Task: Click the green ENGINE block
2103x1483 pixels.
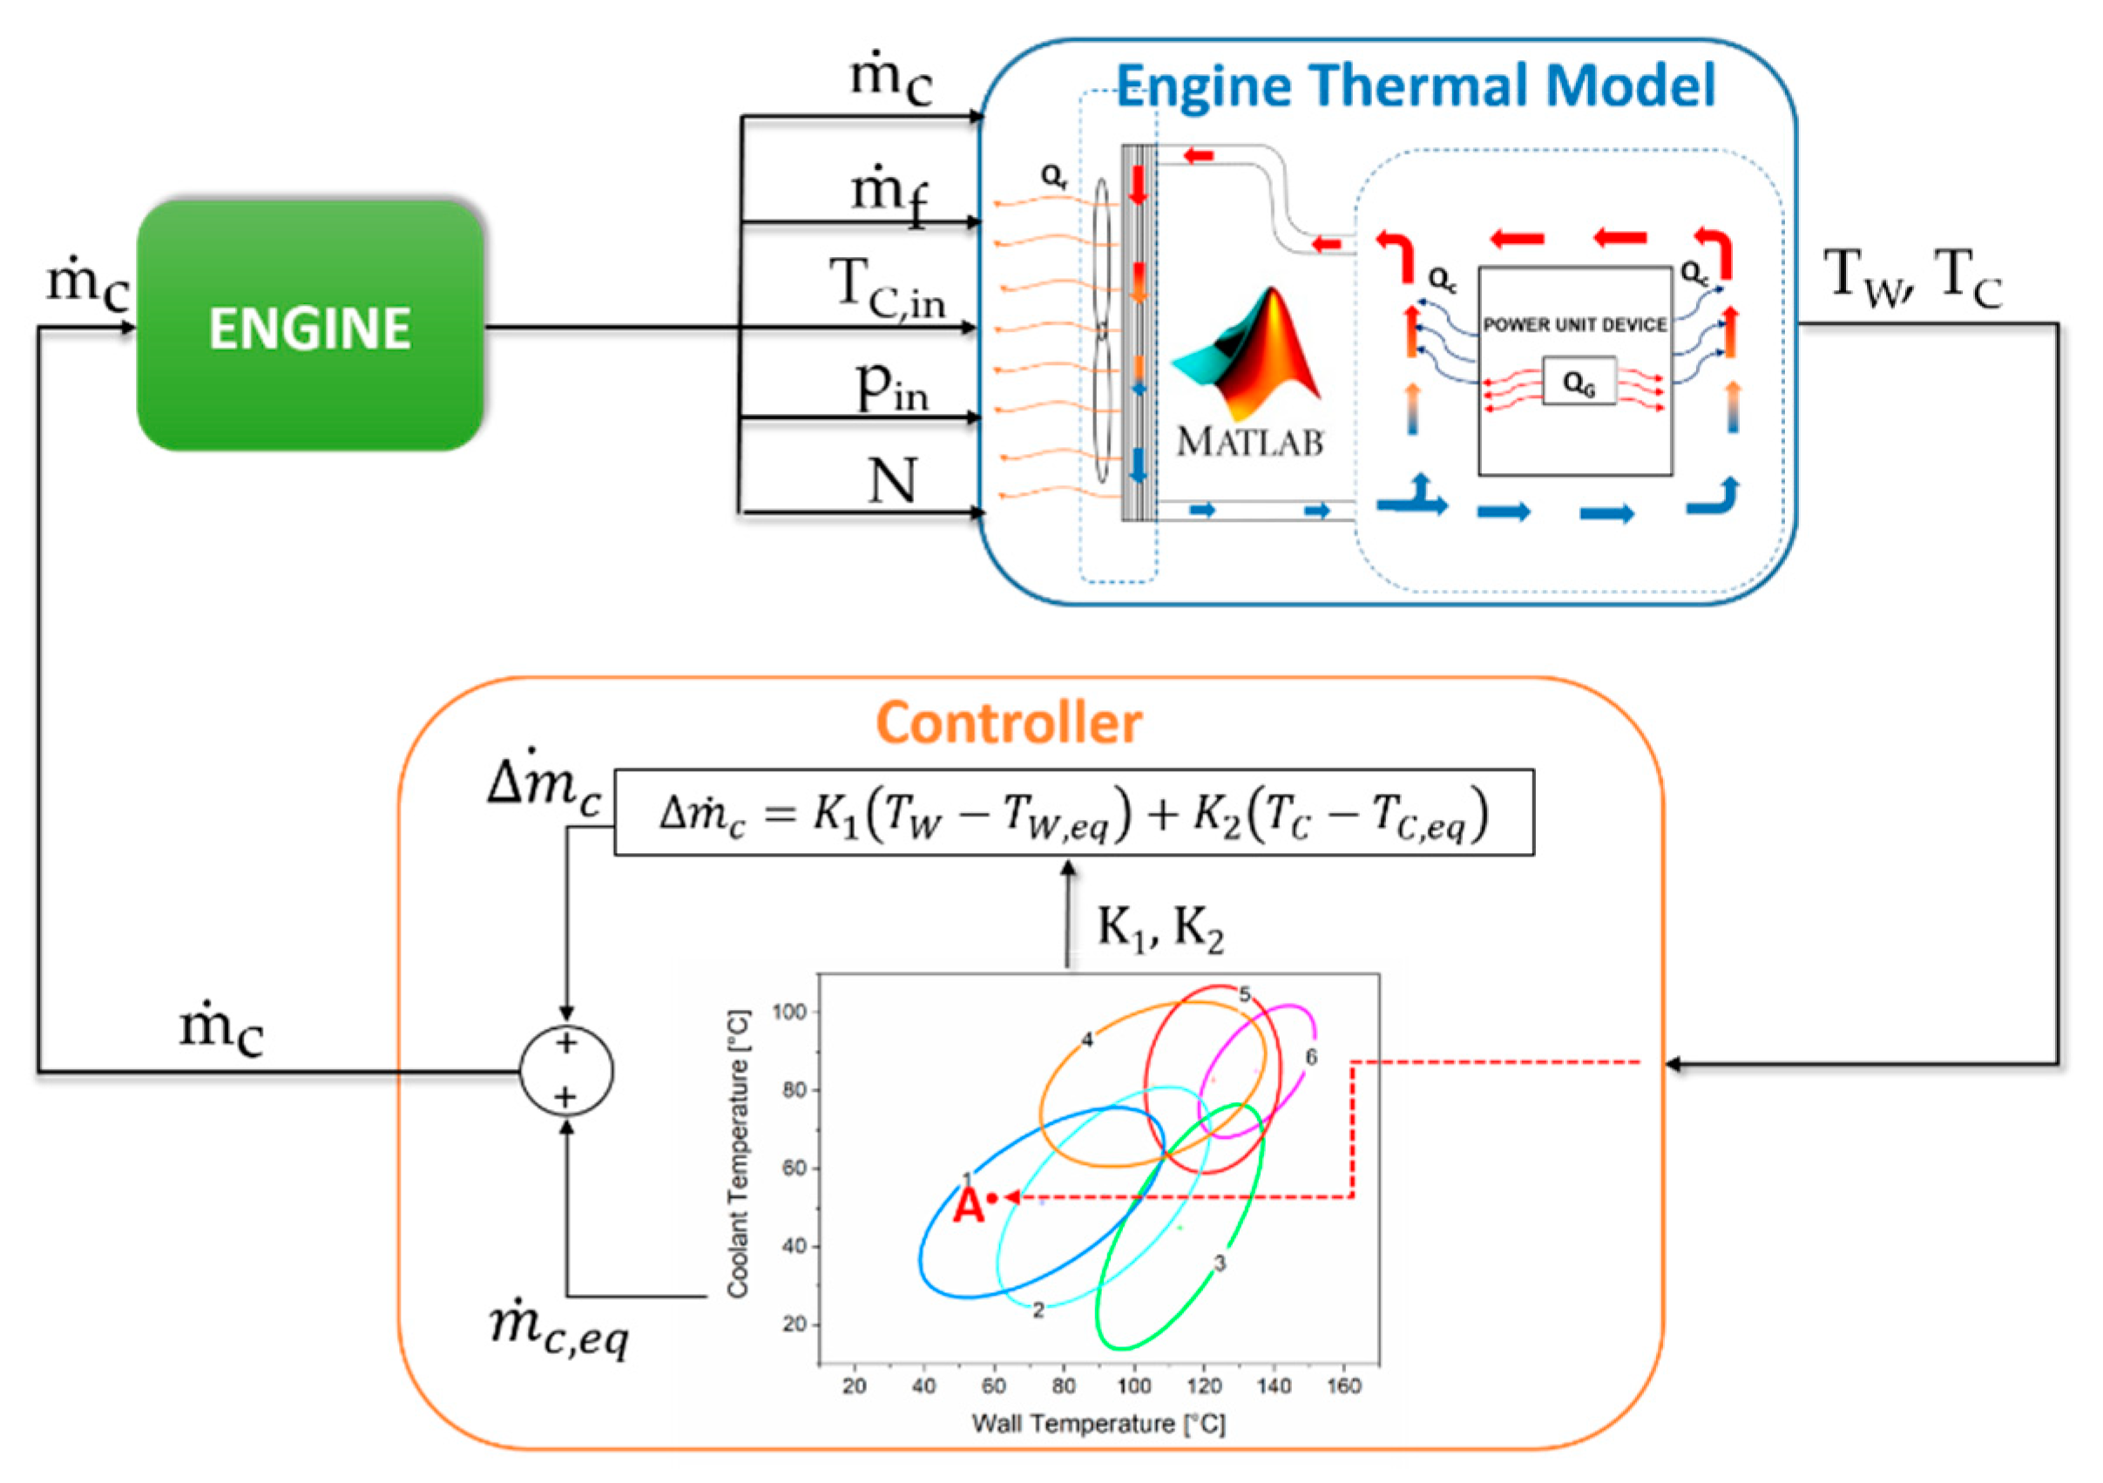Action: (309, 326)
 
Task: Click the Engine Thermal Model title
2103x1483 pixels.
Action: (1415, 86)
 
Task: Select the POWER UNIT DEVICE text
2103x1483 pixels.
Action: (1574, 325)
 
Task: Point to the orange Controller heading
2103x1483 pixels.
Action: (1009, 724)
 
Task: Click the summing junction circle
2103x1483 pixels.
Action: (566, 1070)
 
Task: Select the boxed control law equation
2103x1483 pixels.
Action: (1073, 812)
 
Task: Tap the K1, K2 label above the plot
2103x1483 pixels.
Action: (1160, 929)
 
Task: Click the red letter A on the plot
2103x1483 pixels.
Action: (968, 1207)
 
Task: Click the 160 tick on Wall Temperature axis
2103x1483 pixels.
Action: (1343, 1386)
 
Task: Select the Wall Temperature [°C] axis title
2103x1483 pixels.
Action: (1099, 1424)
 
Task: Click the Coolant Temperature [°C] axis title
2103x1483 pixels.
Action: (738, 1155)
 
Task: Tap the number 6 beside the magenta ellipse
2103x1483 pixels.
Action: (1311, 1057)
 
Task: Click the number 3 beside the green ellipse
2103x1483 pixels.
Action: (1219, 1263)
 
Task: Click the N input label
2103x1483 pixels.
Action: (891, 480)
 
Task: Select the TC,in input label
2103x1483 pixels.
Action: (887, 288)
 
